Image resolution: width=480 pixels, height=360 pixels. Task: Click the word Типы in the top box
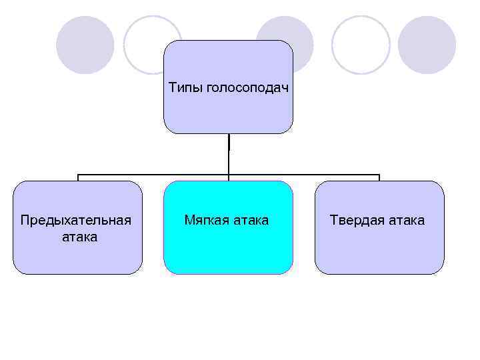point(183,88)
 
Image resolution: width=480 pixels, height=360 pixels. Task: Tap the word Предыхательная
point(75,220)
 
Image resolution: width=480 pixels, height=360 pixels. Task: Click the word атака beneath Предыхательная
point(79,237)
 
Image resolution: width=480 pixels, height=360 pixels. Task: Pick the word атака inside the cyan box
point(249,220)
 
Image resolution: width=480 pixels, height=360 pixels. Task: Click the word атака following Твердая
point(404,220)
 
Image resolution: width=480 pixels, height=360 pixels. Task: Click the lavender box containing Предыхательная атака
point(77,257)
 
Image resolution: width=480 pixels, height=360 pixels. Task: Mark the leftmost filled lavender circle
point(85,45)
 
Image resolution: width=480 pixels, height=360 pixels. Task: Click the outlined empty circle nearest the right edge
point(361,45)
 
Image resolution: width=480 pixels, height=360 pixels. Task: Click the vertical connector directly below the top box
point(229,153)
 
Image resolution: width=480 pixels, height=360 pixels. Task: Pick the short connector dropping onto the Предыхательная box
point(78,178)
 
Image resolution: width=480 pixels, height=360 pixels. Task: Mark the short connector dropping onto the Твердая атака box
point(379,178)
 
